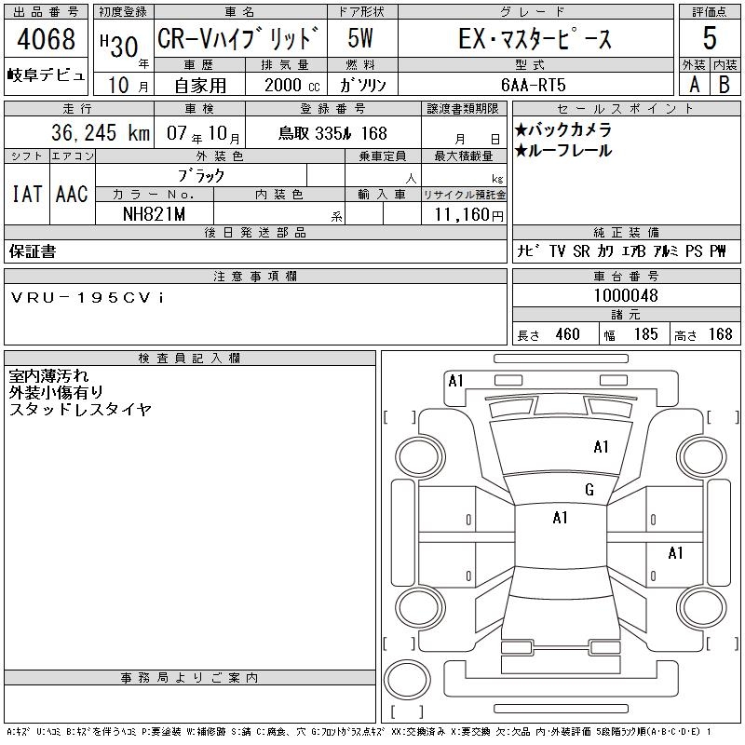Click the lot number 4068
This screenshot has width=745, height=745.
pos(46,39)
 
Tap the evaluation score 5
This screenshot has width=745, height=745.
pos(710,38)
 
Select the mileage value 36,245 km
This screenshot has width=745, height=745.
pos(101,132)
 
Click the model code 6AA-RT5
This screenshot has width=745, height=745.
pos(534,85)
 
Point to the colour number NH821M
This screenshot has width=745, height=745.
pos(154,214)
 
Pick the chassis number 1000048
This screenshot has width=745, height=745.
pos(626,295)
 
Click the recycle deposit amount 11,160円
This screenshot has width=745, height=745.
pos(469,215)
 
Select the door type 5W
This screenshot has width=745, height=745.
pos(360,38)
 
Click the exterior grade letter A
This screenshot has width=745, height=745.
pos(694,85)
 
